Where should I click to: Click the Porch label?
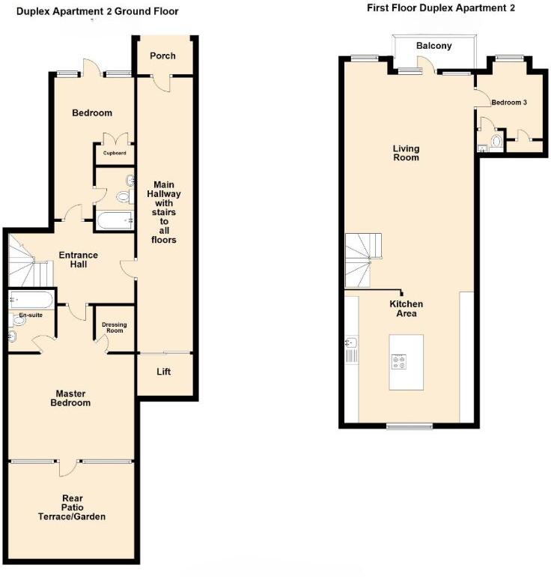162,56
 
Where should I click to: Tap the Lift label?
164,372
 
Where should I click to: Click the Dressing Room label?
115,327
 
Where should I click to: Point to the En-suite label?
31,315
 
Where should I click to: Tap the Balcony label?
434,46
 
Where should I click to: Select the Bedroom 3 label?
508,103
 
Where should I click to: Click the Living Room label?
406,153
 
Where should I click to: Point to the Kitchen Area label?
406,308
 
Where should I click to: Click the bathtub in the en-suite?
31,300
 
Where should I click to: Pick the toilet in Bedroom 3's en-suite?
497,140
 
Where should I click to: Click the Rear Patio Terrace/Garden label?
73,507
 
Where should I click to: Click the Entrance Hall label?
78,260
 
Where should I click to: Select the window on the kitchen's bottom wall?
409,426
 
